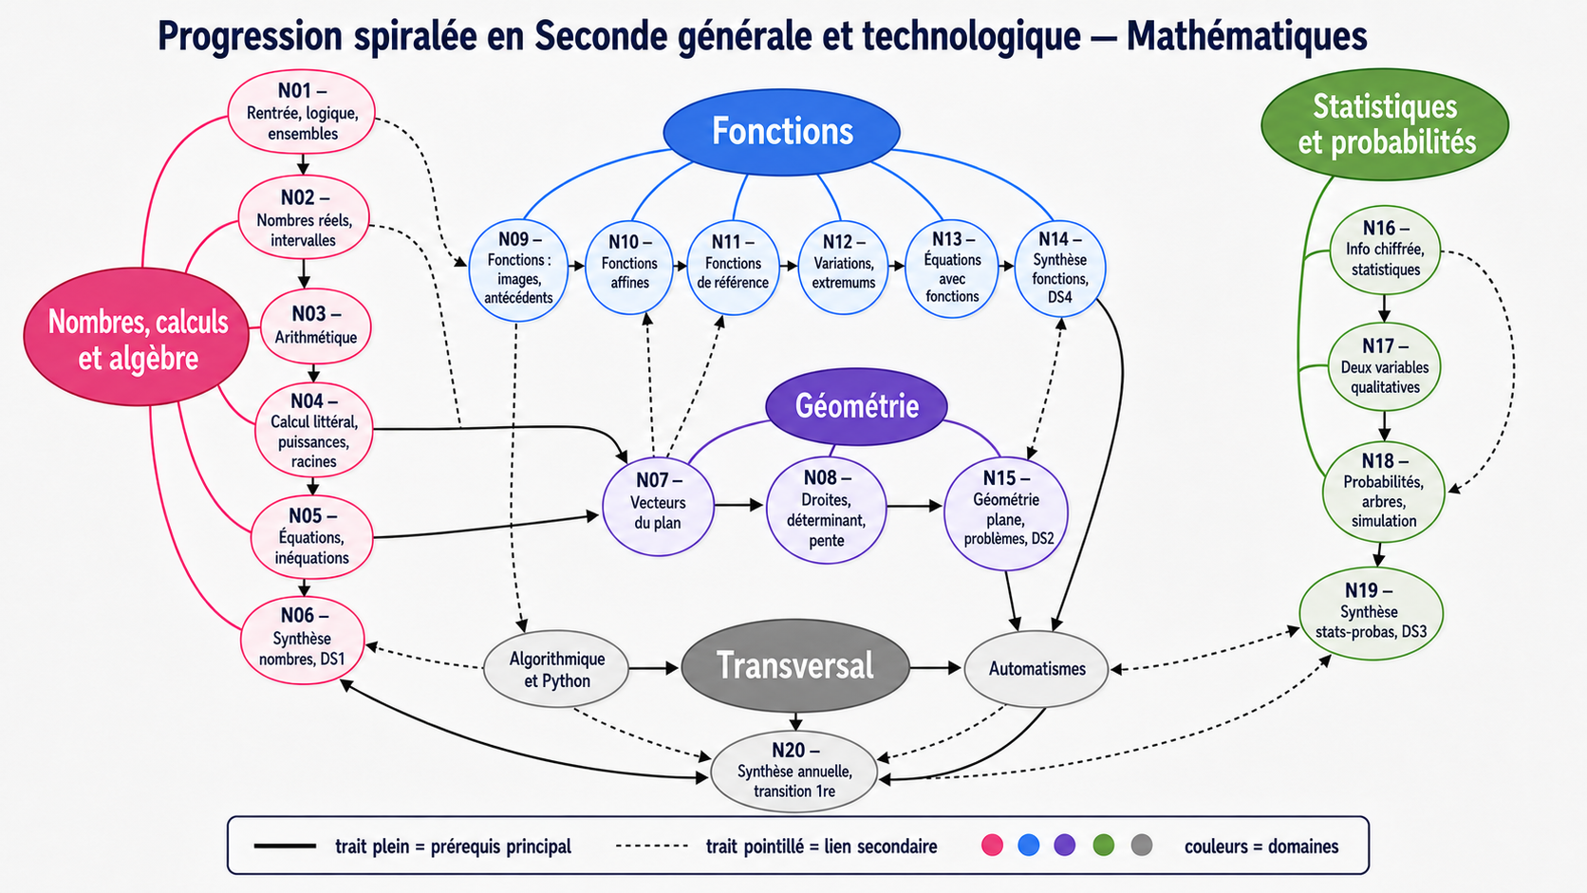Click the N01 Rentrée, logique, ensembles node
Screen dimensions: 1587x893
point(301,112)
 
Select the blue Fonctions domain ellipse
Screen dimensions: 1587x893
point(781,132)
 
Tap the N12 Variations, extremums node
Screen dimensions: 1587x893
point(843,267)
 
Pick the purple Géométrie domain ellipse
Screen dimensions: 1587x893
point(856,406)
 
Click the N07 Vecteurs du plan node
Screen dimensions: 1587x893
point(658,507)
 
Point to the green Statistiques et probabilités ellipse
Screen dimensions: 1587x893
point(1385,124)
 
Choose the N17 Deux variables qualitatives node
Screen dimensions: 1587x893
point(1385,367)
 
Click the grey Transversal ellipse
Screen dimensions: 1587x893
point(794,665)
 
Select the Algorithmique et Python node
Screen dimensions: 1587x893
point(556,669)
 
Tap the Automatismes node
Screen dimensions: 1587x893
point(1036,669)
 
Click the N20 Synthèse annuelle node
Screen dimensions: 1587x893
point(794,772)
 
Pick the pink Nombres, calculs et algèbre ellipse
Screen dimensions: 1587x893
point(137,337)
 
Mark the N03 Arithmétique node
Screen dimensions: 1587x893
point(315,326)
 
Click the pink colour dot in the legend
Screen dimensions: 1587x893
point(992,845)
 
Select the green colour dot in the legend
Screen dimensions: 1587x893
point(1103,845)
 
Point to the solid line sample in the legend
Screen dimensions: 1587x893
point(285,846)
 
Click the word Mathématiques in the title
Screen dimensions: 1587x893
point(1246,35)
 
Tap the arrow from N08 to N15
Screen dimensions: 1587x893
point(914,507)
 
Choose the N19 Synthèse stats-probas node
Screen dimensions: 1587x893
point(1371,613)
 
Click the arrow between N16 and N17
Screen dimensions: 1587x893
point(1385,308)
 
